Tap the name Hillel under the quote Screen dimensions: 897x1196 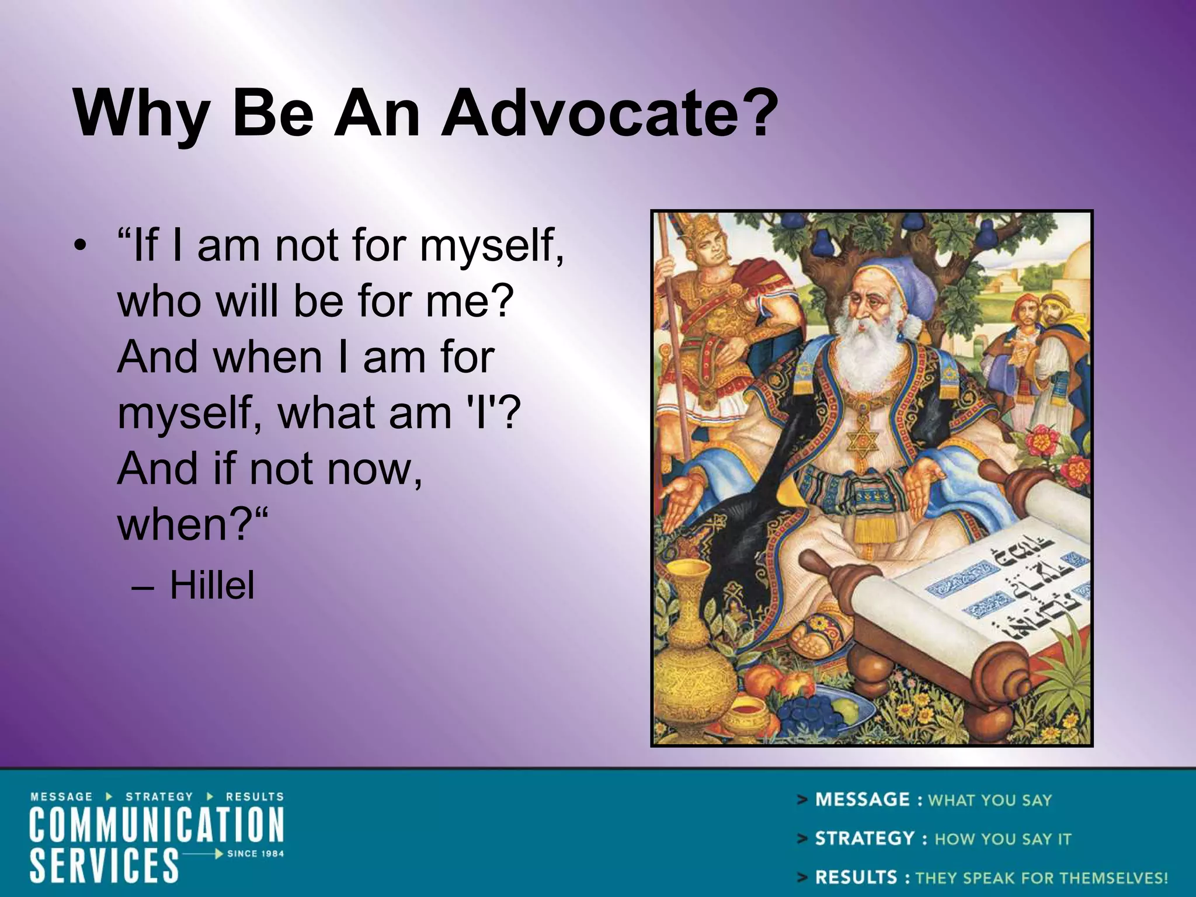212,585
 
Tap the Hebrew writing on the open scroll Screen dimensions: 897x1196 1028,590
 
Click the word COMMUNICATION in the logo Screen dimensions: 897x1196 157,824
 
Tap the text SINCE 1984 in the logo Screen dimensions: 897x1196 255,853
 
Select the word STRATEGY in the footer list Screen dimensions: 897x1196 864,839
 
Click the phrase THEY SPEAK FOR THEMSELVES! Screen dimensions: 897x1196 1041,878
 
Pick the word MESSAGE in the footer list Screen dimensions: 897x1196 862,799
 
